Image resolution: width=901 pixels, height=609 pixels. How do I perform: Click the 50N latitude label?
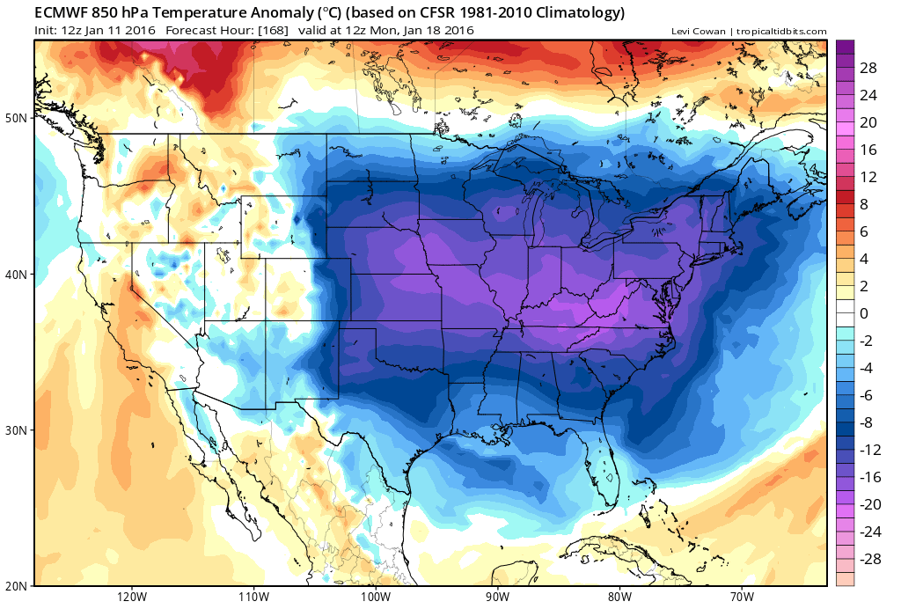coord(17,118)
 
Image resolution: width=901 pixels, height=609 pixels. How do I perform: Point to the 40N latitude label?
coord(17,275)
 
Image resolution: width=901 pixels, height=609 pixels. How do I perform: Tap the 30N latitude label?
coord(17,430)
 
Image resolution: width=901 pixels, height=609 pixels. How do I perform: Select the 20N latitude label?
coord(17,585)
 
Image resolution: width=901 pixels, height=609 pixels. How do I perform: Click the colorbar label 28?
coord(868,68)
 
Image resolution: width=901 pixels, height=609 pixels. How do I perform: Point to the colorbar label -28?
coord(870,559)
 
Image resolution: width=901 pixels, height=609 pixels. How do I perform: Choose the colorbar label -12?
coord(870,450)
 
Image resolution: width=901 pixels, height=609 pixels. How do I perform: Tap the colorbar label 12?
coord(868,177)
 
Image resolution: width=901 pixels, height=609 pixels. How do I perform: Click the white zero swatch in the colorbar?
coord(844,313)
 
